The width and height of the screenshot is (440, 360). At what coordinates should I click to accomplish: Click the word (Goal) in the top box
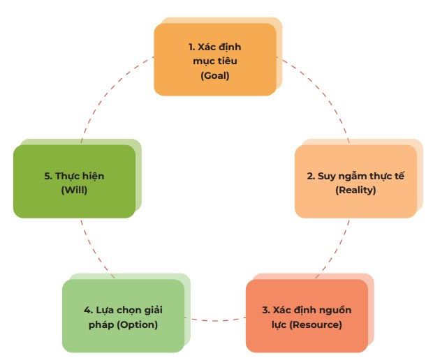click(x=214, y=74)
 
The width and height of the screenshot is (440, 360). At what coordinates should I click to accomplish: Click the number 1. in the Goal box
click(x=193, y=47)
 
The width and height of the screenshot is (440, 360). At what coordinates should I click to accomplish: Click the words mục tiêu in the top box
click(x=214, y=61)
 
